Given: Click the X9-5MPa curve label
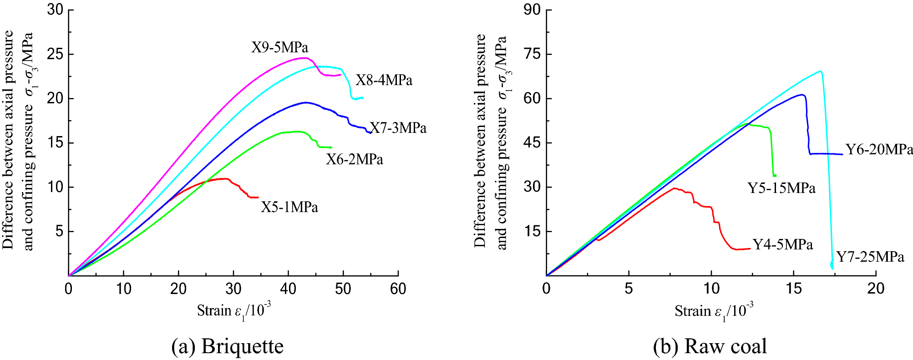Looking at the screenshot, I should coord(279,47).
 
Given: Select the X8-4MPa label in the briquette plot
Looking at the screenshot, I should coord(384,81).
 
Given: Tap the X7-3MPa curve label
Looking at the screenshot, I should coord(398,128).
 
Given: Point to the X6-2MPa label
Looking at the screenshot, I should coord(354,159).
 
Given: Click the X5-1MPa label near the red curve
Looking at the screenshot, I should coord(289,207).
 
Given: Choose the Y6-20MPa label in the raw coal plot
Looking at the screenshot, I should coord(879,149).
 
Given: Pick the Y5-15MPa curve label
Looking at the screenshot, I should coord(781,188).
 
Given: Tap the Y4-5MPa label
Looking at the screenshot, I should coord(782,244).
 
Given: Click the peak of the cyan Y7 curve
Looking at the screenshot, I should coord(820,71).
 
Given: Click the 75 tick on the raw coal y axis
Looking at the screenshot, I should coord(532,55).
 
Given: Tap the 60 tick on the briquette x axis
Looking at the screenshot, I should coord(398,289).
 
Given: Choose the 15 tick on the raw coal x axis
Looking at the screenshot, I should coord(793,289).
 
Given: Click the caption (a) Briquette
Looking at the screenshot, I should coord(227,346).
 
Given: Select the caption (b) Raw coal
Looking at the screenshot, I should coord(710,346).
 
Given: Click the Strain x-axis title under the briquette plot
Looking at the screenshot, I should coord(233,311).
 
